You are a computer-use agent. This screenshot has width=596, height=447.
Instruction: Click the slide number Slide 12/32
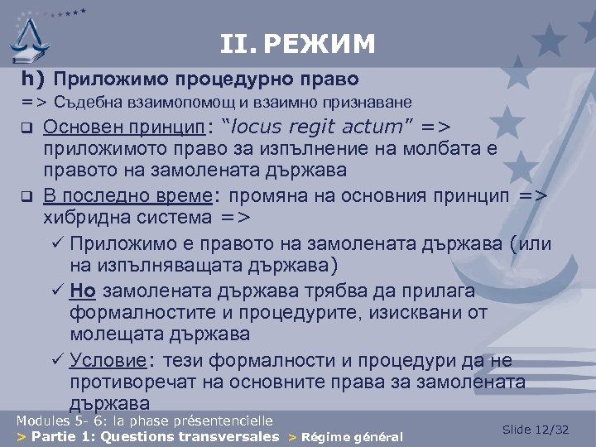pyautogui.click(x=536, y=429)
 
